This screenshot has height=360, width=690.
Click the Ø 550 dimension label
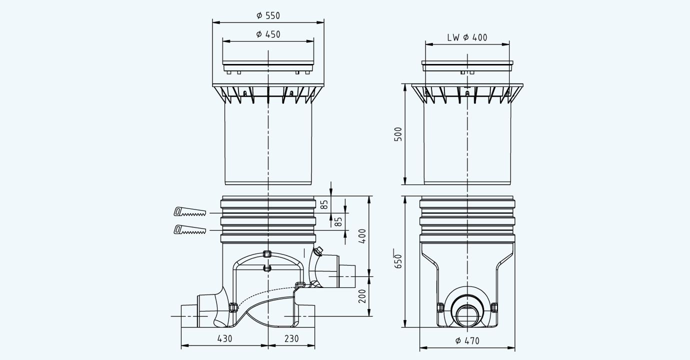[x=268, y=15]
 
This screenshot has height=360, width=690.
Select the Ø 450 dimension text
[x=268, y=34]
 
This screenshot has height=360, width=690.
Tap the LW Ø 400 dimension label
[x=467, y=37]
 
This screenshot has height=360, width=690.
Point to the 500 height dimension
[x=398, y=134]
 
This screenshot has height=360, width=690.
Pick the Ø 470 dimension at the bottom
[x=467, y=341]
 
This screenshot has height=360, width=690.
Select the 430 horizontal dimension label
[x=224, y=338]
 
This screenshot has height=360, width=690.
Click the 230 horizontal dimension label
[x=291, y=338]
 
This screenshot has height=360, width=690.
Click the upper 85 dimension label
[x=324, y=204]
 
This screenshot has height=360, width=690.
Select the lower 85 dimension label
[x=338, y=221]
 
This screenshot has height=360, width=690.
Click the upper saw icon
[x=189, y=212]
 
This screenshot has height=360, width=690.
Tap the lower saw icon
[x=189, y=230]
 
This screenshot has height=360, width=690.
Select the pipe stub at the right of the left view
[x=346, y=275]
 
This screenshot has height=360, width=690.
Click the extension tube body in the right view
[x=467, y=145]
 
